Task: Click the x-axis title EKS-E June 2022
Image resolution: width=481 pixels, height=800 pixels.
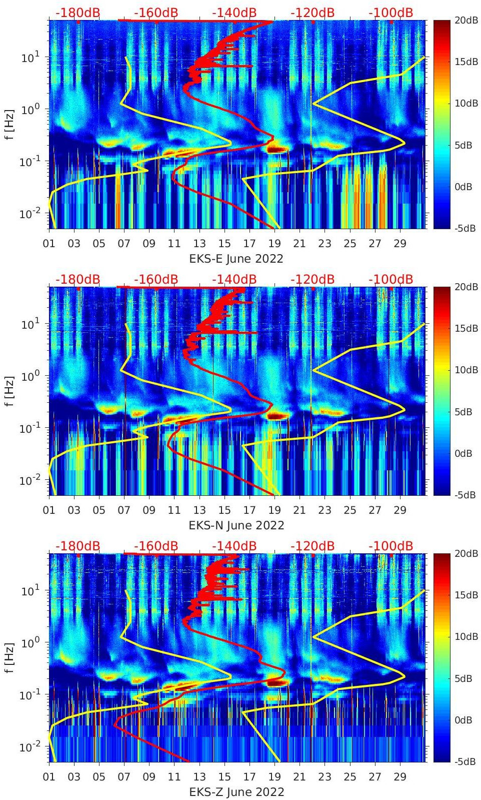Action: (236, 259)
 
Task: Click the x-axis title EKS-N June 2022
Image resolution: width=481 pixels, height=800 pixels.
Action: (236, 525)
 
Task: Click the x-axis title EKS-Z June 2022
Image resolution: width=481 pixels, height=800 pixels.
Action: (236, 792)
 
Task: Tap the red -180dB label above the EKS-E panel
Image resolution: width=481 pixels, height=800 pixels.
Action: (77, 13)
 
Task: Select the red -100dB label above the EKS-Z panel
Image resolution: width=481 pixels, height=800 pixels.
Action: (390, 546)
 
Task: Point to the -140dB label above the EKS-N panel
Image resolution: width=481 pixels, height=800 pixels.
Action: (234, 279)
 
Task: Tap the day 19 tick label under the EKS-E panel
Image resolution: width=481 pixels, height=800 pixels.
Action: (274, 244)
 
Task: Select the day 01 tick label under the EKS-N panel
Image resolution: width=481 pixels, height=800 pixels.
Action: (49, 510)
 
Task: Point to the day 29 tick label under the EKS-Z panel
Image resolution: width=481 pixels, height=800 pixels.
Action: (400, 777)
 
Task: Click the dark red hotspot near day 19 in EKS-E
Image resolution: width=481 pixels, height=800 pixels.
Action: (277, 149)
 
